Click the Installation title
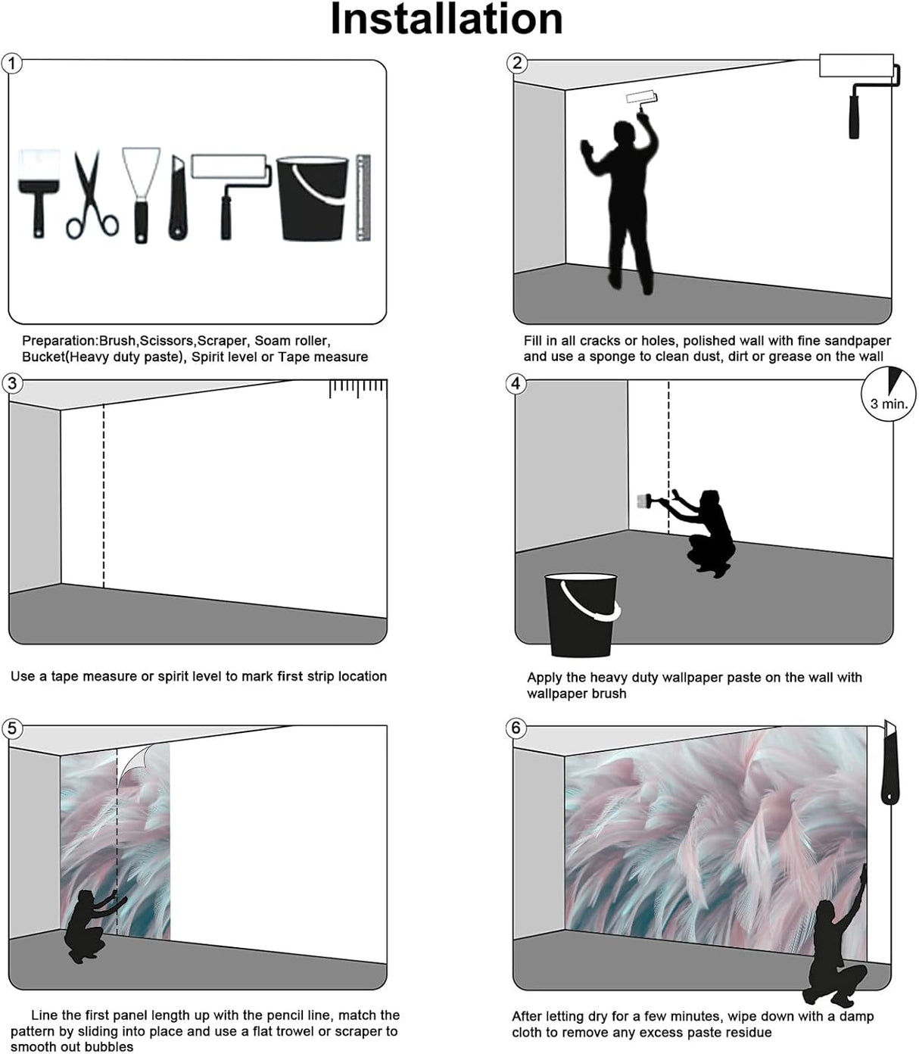point(447,20)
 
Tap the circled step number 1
point(12,64)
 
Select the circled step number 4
point(516,384)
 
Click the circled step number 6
point(516,728)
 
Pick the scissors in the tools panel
point(92,195)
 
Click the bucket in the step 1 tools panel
point(313,198)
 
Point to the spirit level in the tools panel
point(363,198)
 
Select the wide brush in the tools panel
point(39,194)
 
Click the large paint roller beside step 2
point(859,95)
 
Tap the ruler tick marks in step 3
point(358,389)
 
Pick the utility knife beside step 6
point(890,762)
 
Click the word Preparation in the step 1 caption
point(59,341)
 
